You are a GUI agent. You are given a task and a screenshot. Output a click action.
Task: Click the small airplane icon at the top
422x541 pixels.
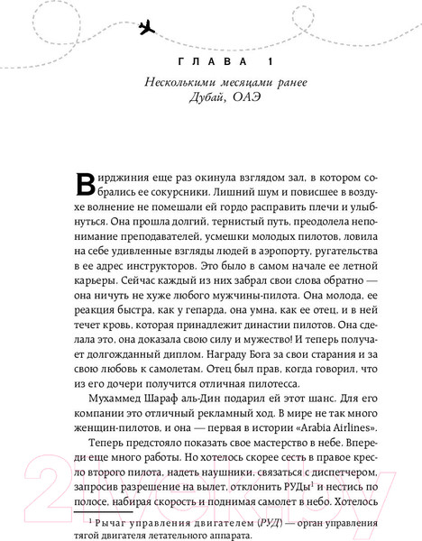pos(148,29)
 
